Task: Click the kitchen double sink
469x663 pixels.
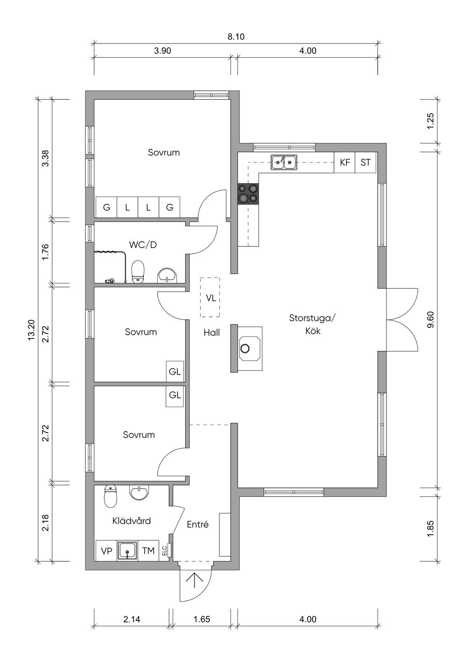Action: (284, 162)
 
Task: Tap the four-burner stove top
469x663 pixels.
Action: (248, 194)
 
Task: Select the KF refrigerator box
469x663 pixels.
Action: (344, 162)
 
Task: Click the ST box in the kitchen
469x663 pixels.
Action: (365, 162)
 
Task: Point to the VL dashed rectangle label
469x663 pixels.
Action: (211, 298)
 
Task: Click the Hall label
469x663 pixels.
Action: (212, 333)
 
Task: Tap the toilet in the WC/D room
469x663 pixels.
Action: (138, 272)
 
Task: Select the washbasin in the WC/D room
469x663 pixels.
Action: (167, 276)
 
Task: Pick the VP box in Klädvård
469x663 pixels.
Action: (107, 551)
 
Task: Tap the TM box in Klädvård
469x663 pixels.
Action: (148, 551)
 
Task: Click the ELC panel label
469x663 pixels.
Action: (164, 551)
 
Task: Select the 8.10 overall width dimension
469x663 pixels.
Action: (236, 37)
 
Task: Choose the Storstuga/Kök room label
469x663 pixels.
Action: (313, 324)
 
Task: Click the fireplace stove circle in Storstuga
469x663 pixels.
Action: (245, 348)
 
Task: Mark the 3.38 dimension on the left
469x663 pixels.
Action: (45, 158)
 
